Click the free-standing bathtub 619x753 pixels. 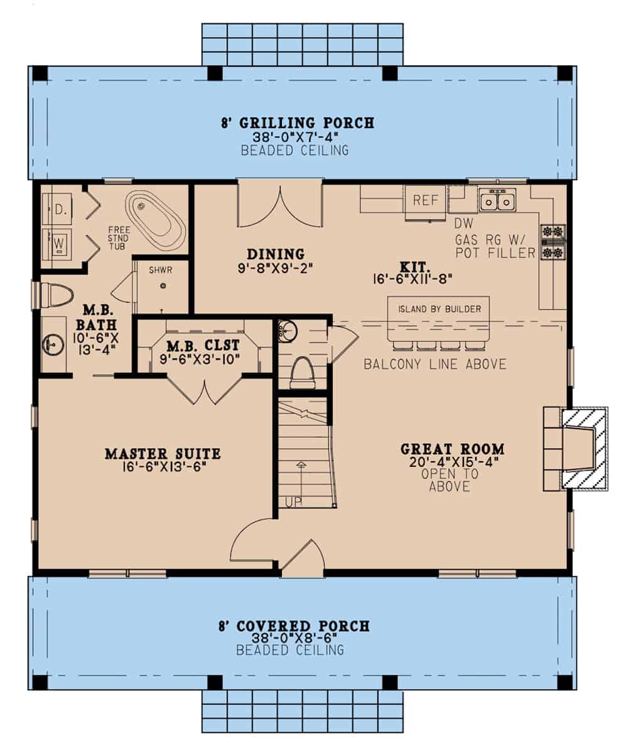(x=155, y=220)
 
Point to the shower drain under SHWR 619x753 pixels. (x=163, y=286)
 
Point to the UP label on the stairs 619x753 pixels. (x=293, y=502)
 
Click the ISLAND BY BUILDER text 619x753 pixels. (x=439, y=309)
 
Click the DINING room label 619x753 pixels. (x=275, y=254)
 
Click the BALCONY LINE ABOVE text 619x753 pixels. (x=435, y=365)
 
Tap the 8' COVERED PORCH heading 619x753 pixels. (x=294, y=626)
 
